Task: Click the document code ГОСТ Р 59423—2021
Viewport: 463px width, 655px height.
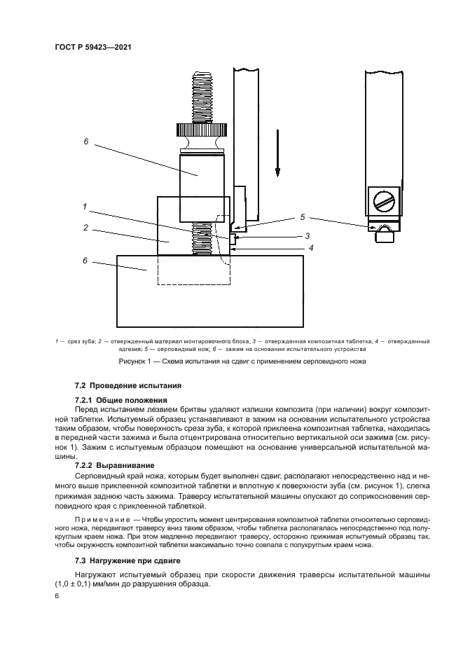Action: (92, 47)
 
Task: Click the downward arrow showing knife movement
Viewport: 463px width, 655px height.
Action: (277, 154)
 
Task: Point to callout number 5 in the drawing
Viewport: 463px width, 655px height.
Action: (303, 216)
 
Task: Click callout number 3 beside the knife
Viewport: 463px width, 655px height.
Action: (307, 236)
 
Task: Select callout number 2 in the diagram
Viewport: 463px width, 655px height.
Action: (85, 228)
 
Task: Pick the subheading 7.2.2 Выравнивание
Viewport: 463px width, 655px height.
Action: (114, 464)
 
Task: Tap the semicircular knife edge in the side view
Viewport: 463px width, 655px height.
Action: (383, 229)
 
